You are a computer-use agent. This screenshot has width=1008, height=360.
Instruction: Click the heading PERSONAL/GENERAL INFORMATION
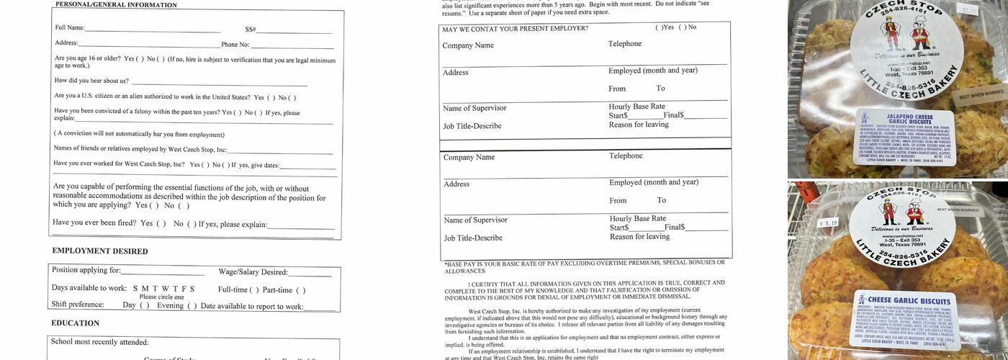(116, 5)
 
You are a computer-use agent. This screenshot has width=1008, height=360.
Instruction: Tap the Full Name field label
(70, 28)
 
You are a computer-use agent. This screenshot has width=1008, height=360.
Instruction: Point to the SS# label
(250, 30)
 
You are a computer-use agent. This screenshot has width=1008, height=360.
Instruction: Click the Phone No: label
(235, 45)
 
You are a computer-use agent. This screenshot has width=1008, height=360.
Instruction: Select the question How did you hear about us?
(91, 81)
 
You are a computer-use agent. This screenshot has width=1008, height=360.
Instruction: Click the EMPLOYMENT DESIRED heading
(100, 251)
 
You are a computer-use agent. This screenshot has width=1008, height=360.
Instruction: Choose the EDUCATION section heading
(76, 323)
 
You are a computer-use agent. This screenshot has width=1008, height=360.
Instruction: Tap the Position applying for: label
(86, 270)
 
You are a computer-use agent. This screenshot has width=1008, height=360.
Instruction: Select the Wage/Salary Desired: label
(253, 272)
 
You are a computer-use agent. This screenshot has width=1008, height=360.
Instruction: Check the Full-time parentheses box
(253, 290)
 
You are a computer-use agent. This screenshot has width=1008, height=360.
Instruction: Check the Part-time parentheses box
(300, 290)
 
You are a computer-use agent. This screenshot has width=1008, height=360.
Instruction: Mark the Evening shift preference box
(192, 305)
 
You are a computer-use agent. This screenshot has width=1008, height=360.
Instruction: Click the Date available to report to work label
(252, 307)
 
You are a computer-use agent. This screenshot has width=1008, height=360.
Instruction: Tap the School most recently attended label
(100, 342)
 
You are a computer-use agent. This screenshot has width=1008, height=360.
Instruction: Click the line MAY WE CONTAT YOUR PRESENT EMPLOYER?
(515, 29)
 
